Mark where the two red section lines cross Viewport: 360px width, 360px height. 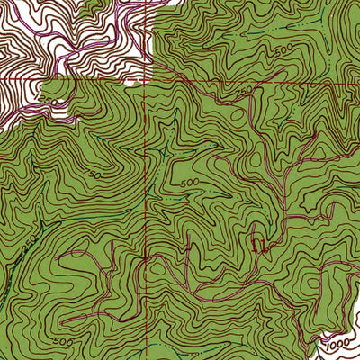click(147, 80)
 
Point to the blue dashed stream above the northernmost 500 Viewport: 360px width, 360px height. click(270, 36)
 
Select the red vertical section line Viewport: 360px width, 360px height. click(146, 225)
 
